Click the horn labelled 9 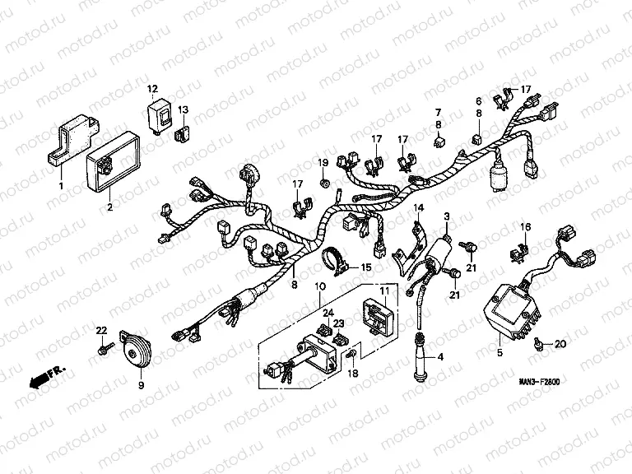click(x=133, y=353)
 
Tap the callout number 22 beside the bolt click(x=101, y=330)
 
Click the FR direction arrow click(x=46, y=377)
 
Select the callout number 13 click(x=183, y=109)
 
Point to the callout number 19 click(x=323, y=161)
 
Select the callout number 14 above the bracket click(x=419, y=208)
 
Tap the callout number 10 click(x=319, y=286)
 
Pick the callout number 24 click(x=328, y=313)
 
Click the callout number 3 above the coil click(x=446, y=216)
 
